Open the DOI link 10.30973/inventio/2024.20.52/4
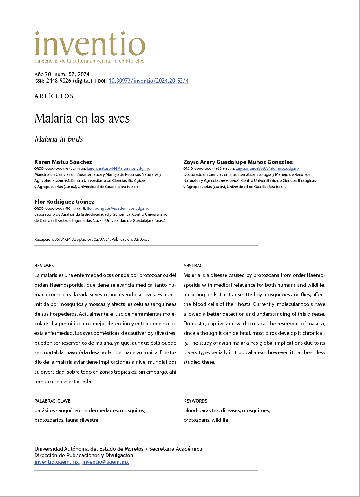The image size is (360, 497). [148, 81]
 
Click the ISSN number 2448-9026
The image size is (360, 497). [59, 81]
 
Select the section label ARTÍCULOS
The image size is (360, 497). [54, 96]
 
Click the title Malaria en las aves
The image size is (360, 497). [82, 118]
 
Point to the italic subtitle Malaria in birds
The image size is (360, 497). [59, 139]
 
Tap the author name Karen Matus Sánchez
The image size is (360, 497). [63, 162]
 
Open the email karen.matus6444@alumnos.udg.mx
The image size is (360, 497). [118, 168]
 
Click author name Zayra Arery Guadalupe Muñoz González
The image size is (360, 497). [238, 162]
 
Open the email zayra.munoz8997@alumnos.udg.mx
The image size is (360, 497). [268, 168]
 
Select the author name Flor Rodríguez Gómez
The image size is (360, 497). [64, 202]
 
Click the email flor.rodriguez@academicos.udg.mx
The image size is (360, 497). [118, 208]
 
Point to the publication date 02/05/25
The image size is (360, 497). [142, 239]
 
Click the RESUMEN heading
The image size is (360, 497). [44, 266]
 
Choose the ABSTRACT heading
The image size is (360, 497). [194, 266]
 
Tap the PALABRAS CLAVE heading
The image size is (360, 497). [52, 401]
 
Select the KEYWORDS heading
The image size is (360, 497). [195, 401]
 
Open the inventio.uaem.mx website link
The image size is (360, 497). [56, 462]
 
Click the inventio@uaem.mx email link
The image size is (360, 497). [105, 462]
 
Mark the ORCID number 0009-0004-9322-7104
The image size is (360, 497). [65, 168]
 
